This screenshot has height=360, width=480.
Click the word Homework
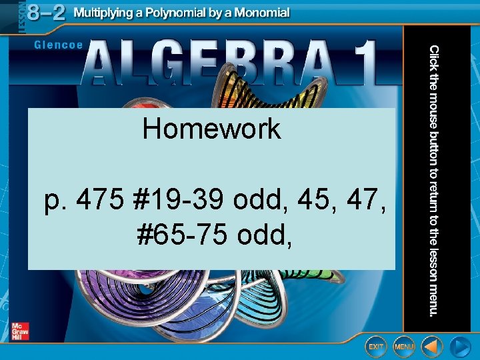point(211,129)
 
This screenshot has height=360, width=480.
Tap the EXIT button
point(376,347)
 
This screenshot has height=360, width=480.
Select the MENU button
point(403,347)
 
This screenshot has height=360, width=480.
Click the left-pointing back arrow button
point(432,347)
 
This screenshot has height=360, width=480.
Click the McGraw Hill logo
point(20,331)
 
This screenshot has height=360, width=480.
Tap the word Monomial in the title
point(259,13)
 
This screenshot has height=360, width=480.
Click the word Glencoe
point(58,45)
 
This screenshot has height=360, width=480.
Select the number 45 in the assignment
point(304,199)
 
